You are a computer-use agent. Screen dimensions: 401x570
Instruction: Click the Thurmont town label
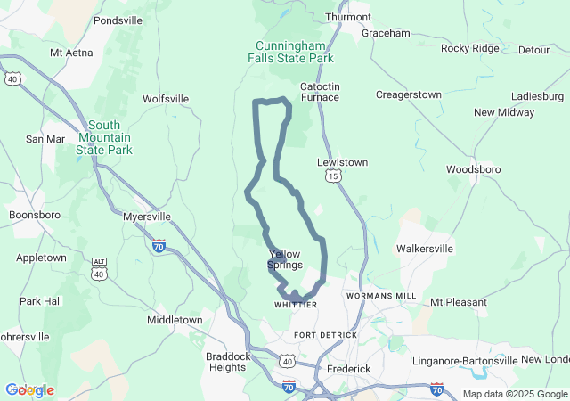tap(348, 17)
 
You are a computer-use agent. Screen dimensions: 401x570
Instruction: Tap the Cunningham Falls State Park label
tap(289, 52)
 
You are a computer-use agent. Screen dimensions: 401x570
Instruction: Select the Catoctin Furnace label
tap(320, 91)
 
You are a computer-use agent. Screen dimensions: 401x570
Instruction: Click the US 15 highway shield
tap(332, 177)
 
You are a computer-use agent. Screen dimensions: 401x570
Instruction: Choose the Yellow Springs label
tap(285, 259)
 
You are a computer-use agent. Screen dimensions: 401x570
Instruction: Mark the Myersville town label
tap(145, 217)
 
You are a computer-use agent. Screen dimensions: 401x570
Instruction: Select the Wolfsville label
tap(166, 99)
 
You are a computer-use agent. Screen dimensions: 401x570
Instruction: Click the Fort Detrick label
tap(325, 335)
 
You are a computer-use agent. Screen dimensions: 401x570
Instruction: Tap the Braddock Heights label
tap(227, 361)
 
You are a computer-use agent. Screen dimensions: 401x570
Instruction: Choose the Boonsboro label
tap(33, 215)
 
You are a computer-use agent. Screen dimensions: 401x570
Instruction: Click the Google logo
tap(29, 390)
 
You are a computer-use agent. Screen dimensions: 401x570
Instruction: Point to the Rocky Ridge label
tap(469, 48)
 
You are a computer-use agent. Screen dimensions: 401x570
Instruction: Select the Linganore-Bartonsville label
tap(464, 361)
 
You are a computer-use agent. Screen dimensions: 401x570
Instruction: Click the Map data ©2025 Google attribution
tap(515, 394)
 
